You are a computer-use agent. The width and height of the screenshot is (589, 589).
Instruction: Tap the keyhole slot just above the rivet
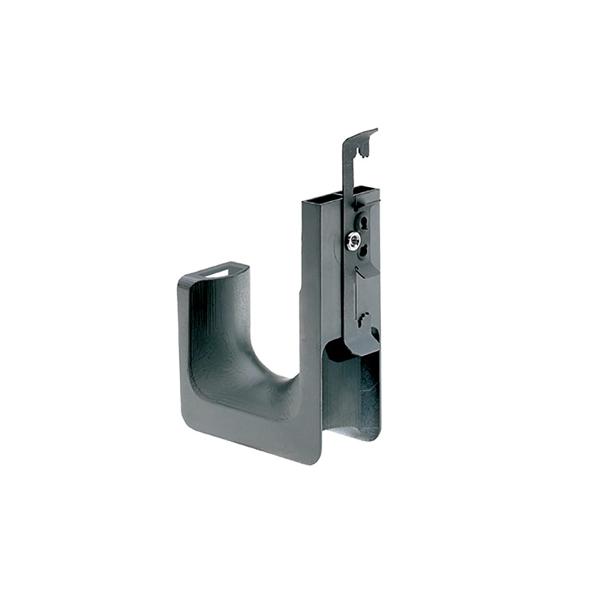(x=364, y=221)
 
